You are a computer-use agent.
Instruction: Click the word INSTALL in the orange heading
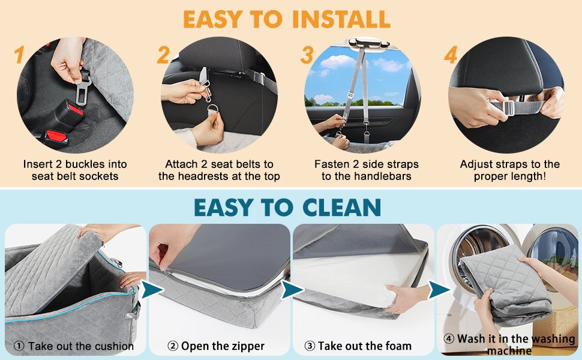pyautogui.click(x=341, y=19)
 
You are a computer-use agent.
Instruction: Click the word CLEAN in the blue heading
pyautogui.click(x=341, y=208)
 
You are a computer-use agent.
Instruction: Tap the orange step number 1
pyautogui.click(x=19, y=55)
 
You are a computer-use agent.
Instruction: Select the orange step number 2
pyautogui.click(x=163, y=55)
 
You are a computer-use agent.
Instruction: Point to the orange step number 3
pyautogui.click(x=307, y=55)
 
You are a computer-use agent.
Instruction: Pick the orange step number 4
pyautogui.click(x=451, y=55)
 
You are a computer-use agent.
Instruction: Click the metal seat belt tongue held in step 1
pyautogui.click(x=83, y=89)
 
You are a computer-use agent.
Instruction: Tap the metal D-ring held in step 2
pyautogui.click(x=213, y=110)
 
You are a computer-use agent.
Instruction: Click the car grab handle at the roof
pyautogui.click(x=368, y=43)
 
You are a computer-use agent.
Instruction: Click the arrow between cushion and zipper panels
pyautogui.click(x=151, y=289)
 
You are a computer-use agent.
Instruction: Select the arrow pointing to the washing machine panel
pyautogui.click(x=439, y=290)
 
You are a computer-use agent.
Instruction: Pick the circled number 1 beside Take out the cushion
pyautogui.click(x=19, y=346)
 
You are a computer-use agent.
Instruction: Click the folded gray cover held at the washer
pyautogui.click(x=506, y=284)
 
